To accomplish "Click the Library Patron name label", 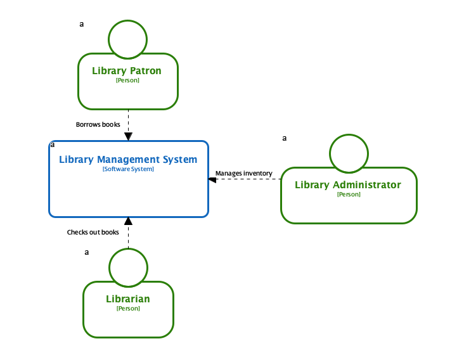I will coord(127,71).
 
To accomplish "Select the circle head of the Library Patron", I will coord(128,39).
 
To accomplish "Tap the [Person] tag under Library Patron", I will coord(127,80).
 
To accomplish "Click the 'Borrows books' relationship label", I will coord(98,124).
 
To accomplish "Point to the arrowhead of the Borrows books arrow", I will coord(128,136).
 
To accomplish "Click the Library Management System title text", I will coord(128,160).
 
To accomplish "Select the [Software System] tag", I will coord(128,169).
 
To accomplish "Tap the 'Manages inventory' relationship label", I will coord(244,173).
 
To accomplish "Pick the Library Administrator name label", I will coord(348,185).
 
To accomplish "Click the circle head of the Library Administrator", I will coord(349,153).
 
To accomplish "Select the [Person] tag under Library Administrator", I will coord(349,195).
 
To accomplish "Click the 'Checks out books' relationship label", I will coord(93,232).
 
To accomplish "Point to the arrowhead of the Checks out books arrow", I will coord(128,221).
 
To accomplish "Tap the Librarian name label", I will coord(128,299).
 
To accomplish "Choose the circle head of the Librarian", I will coord(128,267).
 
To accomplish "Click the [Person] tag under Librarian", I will coord(128,309).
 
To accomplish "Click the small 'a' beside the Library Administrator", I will coord(284,138).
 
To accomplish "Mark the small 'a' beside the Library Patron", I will coord(81,24).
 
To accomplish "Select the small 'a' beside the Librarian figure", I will coord(87,252).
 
